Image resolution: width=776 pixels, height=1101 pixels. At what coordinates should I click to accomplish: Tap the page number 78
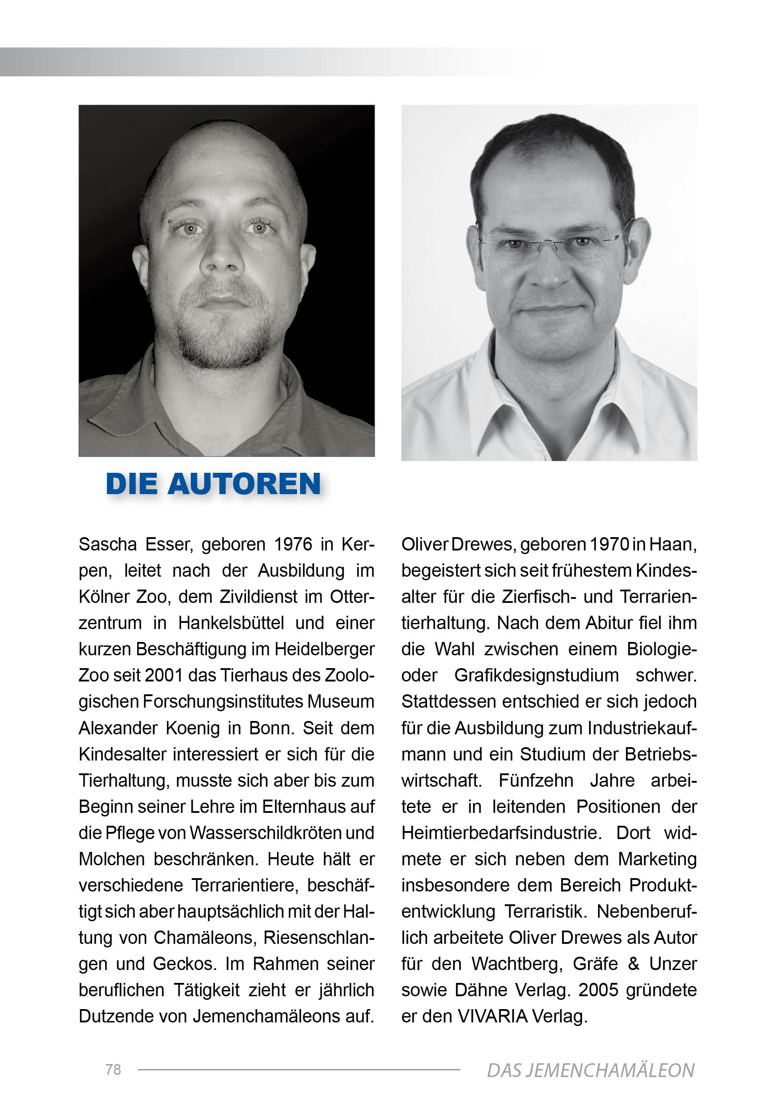113,1070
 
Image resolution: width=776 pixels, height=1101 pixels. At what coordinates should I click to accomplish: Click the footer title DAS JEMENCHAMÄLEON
590,1071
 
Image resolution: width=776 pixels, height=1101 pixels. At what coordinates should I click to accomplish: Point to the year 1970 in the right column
609,545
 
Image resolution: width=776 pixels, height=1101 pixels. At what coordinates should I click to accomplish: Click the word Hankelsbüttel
232,623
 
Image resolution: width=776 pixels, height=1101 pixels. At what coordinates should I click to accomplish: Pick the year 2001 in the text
163,676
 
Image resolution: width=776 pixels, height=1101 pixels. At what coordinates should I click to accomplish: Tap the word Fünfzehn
536,780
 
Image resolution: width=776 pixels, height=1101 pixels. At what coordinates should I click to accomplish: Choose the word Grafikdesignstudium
536,676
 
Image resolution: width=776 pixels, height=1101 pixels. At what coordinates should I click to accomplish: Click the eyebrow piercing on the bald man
169,222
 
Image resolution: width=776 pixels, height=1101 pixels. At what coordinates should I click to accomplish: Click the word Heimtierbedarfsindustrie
501,833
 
